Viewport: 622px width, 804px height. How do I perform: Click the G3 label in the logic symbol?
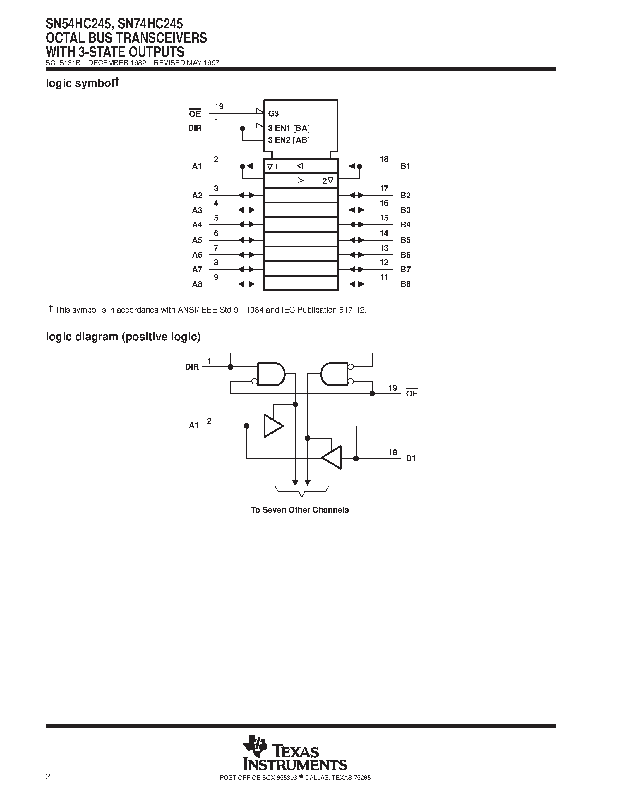pos(273,114)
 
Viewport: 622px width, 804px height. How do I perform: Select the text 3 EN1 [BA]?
pos(289,128)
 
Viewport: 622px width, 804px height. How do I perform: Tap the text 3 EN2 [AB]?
pos(289,140)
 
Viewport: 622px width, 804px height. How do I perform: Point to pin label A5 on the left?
pos(197,240)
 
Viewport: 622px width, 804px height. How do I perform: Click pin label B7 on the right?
pos(405,270)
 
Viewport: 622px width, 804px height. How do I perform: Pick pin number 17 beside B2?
pos(384,189)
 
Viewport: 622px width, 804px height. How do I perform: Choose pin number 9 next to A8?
pos(216,277)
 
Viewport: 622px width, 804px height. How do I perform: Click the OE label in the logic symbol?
pos(195,114)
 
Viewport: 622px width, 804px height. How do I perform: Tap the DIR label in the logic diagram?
pos(192,367)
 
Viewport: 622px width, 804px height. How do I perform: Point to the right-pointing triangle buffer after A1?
pos(273,426)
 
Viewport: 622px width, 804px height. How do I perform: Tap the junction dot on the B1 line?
pos(356,458)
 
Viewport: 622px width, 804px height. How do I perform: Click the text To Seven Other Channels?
pos(299,510)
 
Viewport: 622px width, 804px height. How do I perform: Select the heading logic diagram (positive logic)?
pos(123,337)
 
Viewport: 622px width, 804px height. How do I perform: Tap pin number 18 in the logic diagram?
pos(393,453)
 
